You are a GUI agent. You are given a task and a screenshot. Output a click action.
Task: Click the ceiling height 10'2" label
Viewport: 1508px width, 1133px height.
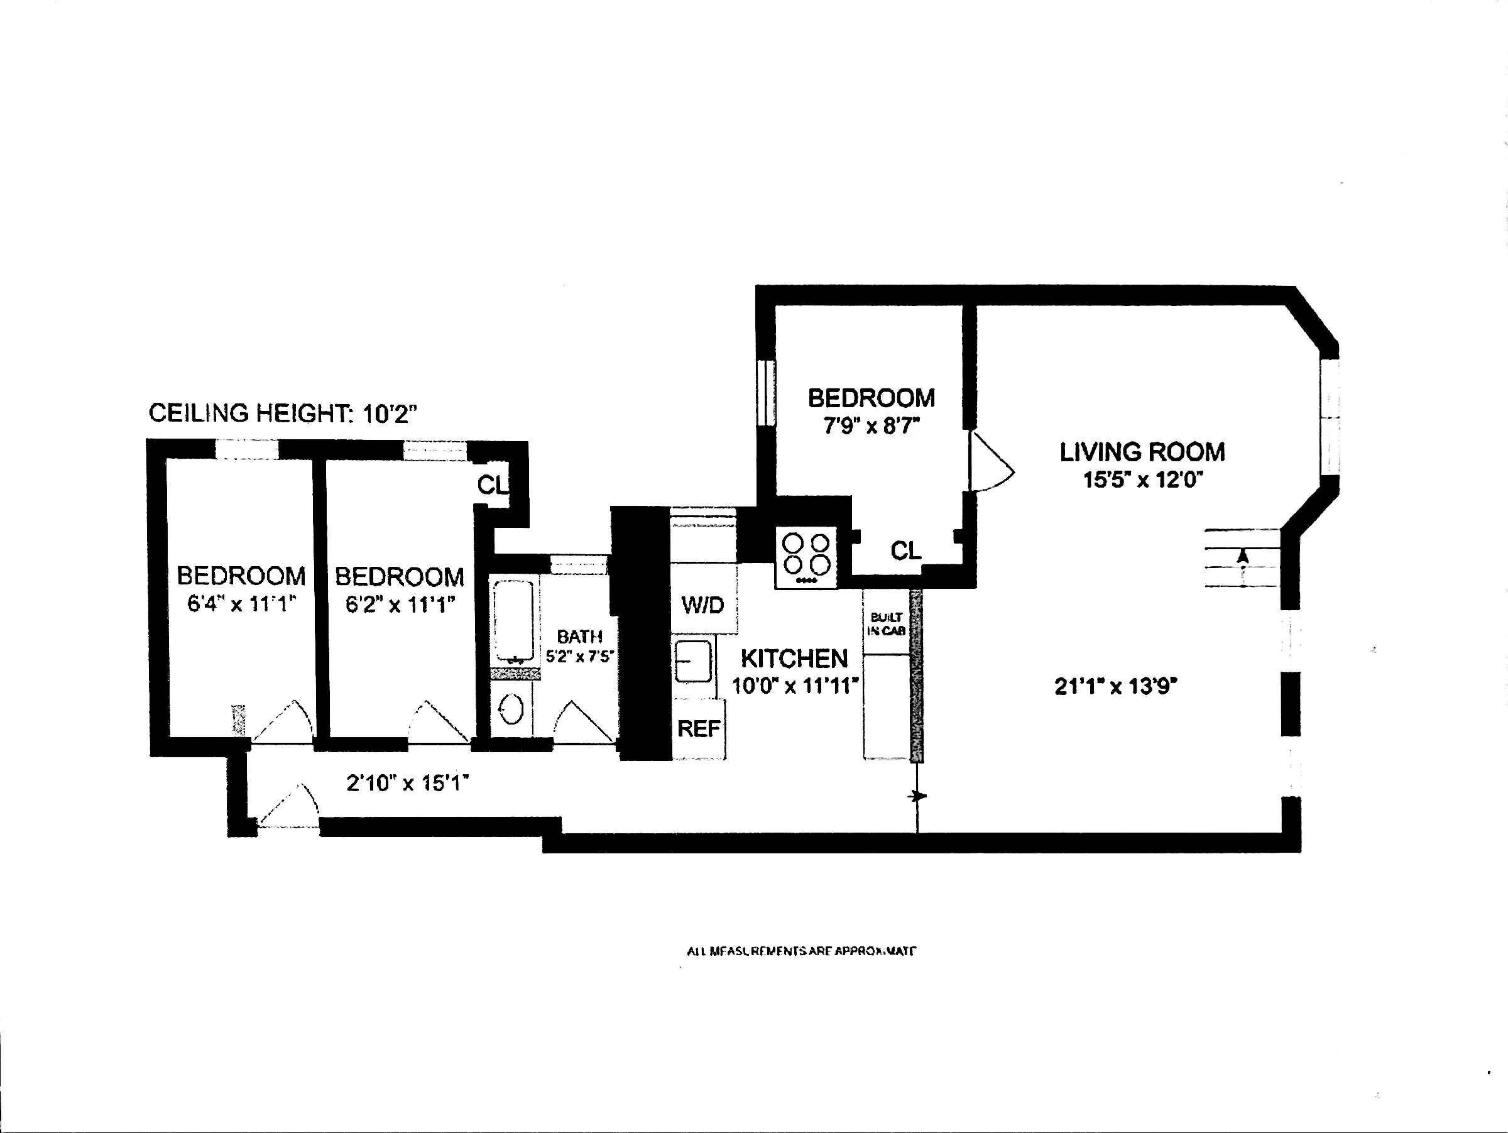coord(282,413)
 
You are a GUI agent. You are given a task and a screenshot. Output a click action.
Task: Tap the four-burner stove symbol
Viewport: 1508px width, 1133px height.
coord(806,557)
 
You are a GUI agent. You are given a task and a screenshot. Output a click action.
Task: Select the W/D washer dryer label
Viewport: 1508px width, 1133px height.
coord(702,605)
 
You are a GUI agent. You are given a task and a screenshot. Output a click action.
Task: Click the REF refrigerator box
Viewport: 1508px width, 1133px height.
coord(698,729)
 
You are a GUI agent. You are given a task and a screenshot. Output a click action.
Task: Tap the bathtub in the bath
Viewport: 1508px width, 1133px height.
coord(513,620)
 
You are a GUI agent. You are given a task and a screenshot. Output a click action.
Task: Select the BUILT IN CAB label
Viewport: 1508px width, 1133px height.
coord(885,624)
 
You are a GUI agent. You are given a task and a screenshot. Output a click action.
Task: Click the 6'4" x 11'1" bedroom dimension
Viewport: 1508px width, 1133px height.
coord(241,604)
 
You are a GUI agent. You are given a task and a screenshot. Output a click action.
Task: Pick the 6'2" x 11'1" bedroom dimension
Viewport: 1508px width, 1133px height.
coord(400,605)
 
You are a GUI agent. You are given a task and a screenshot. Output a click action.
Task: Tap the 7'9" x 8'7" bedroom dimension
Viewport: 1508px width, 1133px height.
coord(871,426)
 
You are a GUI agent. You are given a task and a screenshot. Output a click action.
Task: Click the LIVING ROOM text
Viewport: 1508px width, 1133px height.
coord(1142,452)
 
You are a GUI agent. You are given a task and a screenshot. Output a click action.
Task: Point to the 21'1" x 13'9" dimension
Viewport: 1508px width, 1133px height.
coord(1116,686)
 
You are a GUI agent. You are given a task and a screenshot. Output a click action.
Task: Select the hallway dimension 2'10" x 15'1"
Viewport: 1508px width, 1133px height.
coord(408,783)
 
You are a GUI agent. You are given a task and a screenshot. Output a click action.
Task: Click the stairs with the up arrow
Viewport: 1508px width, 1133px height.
coord(1242,558)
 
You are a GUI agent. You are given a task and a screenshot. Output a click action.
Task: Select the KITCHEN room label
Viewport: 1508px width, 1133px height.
coord(794,659)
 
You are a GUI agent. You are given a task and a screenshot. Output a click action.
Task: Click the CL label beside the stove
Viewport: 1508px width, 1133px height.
coord(905,550)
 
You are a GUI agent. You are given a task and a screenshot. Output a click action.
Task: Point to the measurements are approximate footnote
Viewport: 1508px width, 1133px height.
coord(801,951)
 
